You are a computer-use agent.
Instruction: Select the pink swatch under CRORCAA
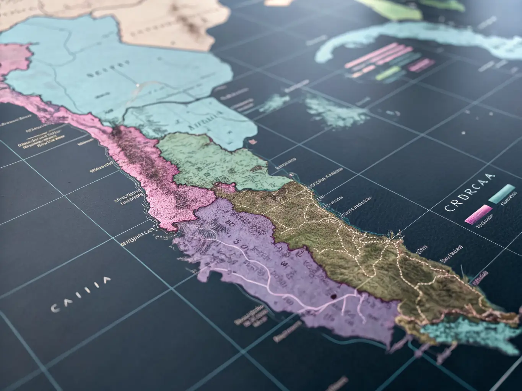pyautogui.click(x=478, y=213)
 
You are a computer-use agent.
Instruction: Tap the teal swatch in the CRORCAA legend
pyautogui.click(x=502, y=193)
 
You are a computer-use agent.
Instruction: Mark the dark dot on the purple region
pyautogui.click(x=333, y=296)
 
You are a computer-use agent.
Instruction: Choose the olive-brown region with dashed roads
pyautogui.click(x=344, y=237)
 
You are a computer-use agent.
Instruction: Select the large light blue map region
pyautogui.click(x=115, y=76)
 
